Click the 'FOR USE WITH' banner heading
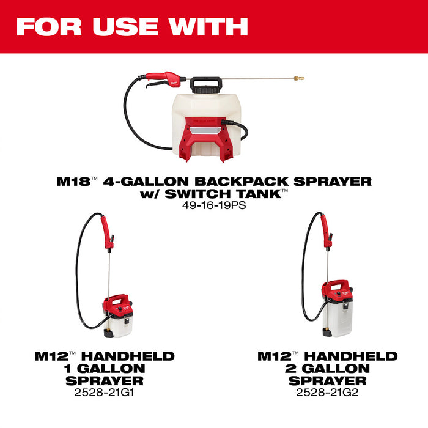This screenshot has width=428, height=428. point(131,26)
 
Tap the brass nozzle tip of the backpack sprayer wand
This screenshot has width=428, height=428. point(298,78)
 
